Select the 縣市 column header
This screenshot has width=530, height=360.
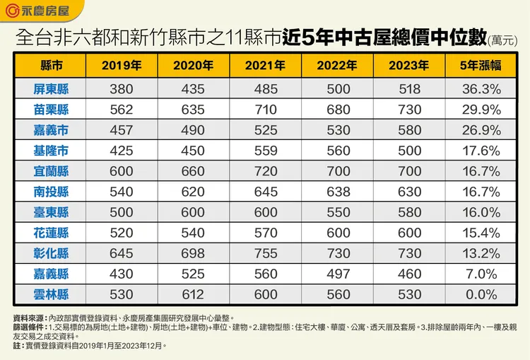[51, 66]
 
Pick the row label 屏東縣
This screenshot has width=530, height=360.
[51, 89]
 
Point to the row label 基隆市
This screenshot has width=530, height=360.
[51, 151]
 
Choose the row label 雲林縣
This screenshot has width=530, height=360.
[51, 294]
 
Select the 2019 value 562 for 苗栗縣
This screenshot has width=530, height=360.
[122, 110]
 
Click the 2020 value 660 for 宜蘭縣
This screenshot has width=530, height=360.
[193, 171]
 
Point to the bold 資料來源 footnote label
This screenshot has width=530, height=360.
[28, 319]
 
